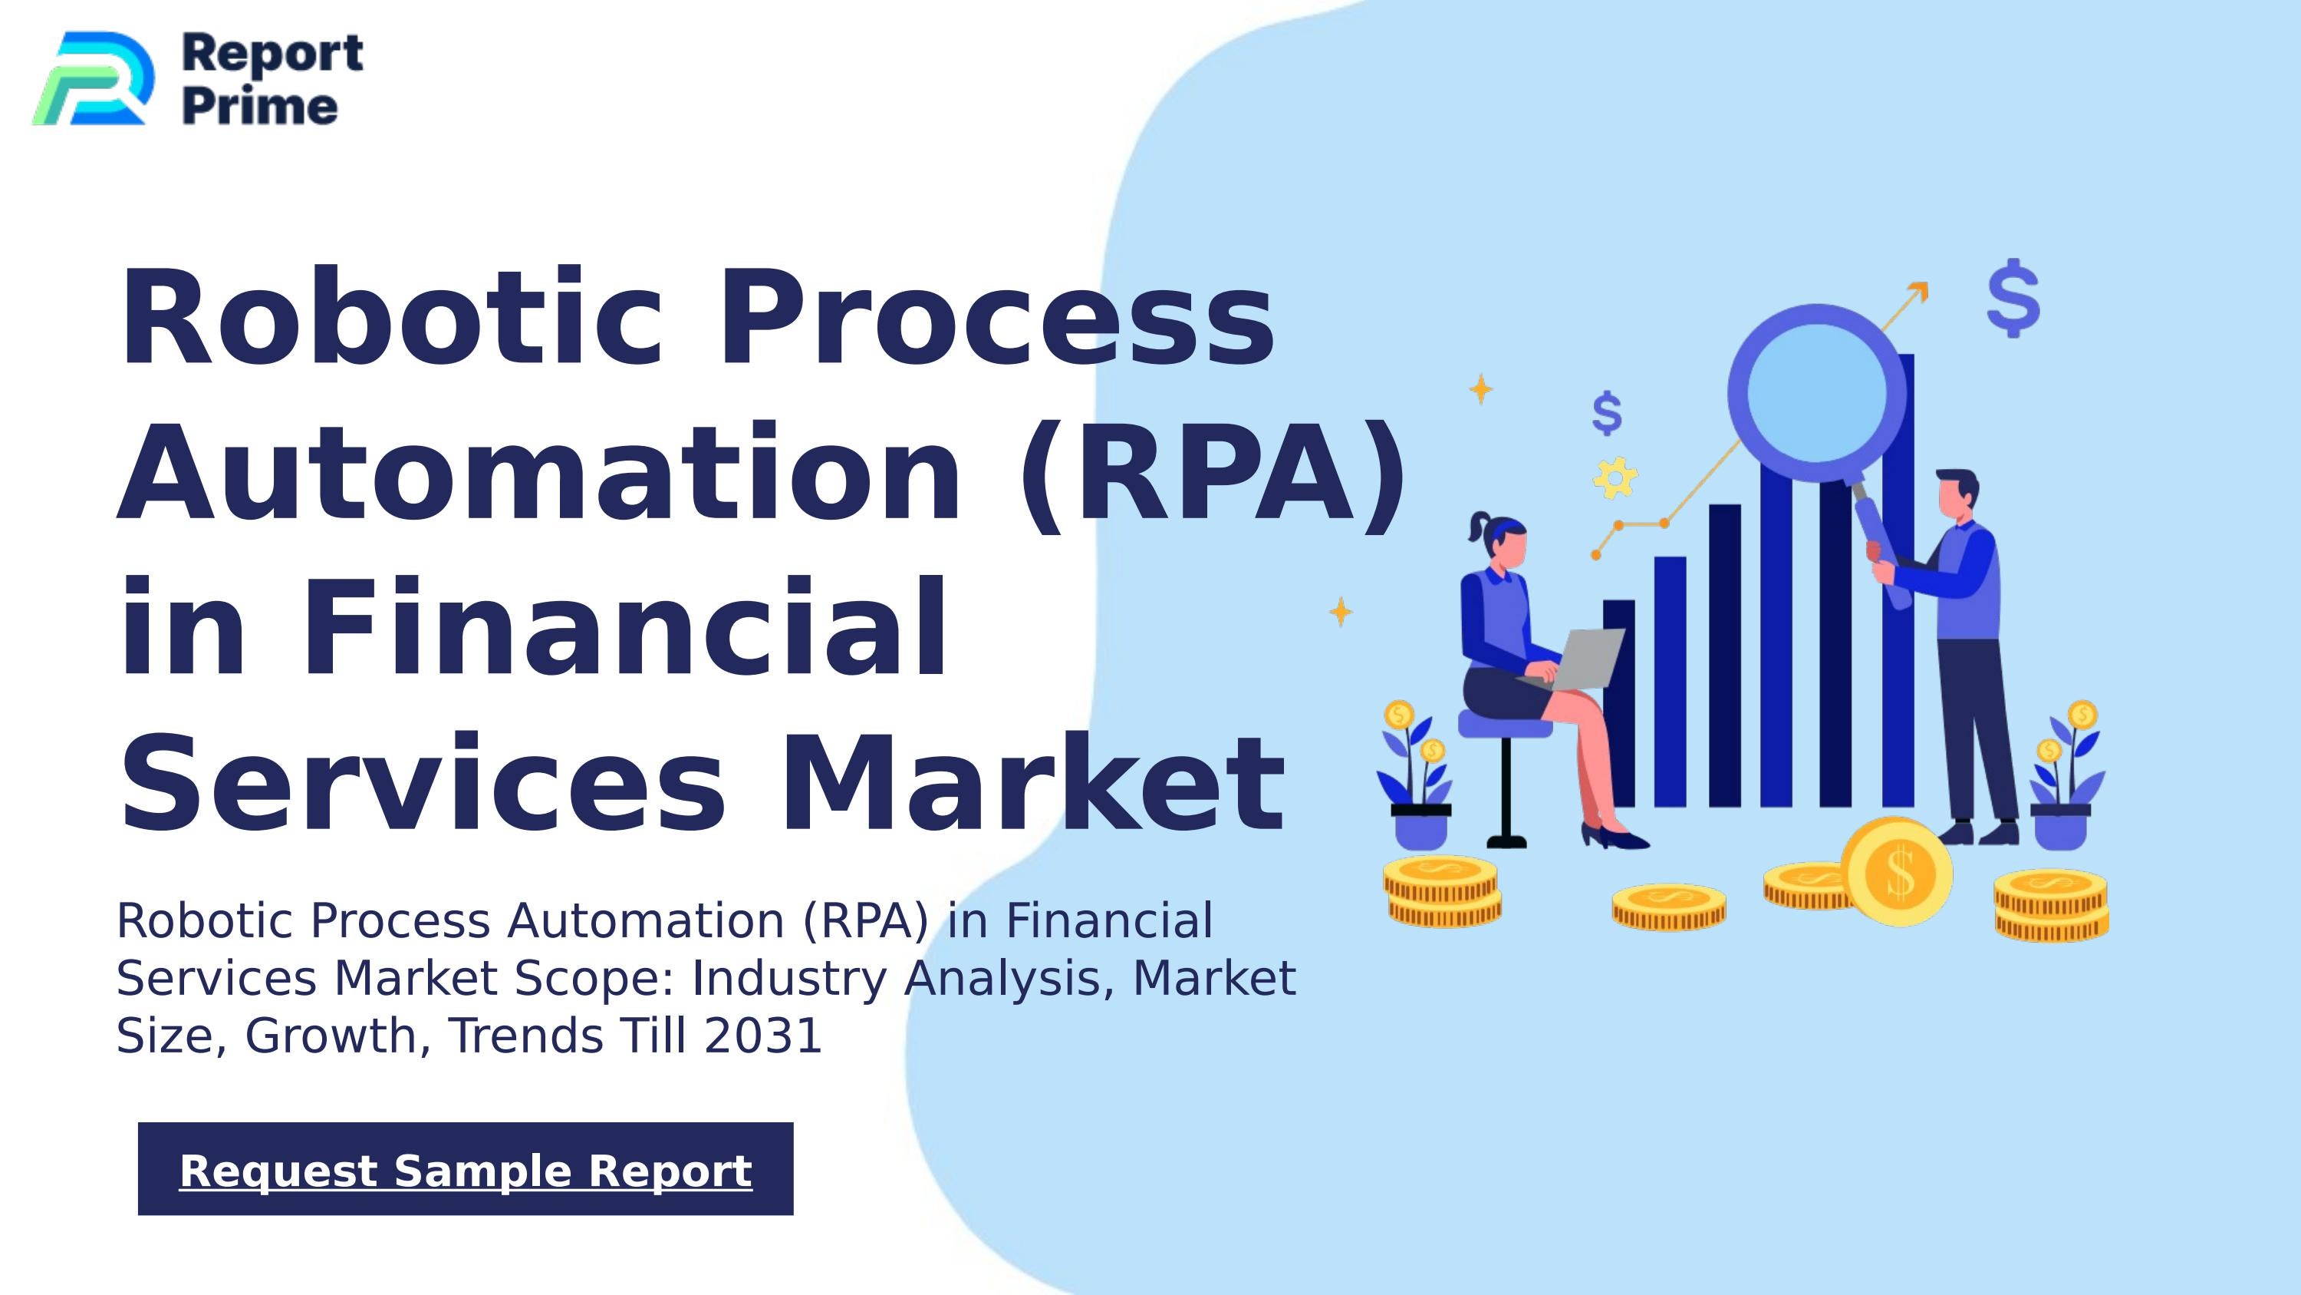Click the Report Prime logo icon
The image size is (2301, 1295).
click(94, 78)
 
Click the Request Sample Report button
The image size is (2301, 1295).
click(466, 1169)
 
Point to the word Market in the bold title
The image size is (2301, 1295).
click(1032, 783)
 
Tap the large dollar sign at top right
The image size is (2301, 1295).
click(2013, 298)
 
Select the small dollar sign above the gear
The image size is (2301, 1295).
click(1607, 413)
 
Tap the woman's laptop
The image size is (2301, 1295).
click(1585, 659)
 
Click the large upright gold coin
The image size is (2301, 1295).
click(1898, 871)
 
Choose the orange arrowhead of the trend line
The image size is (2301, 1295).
click(1919, 292)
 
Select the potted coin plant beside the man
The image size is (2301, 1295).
click(2066, 778)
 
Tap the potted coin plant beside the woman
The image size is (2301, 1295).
click(1418, 778)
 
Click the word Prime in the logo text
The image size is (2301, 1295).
click(260, 108)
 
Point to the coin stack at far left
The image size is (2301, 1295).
click(1443, 891)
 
